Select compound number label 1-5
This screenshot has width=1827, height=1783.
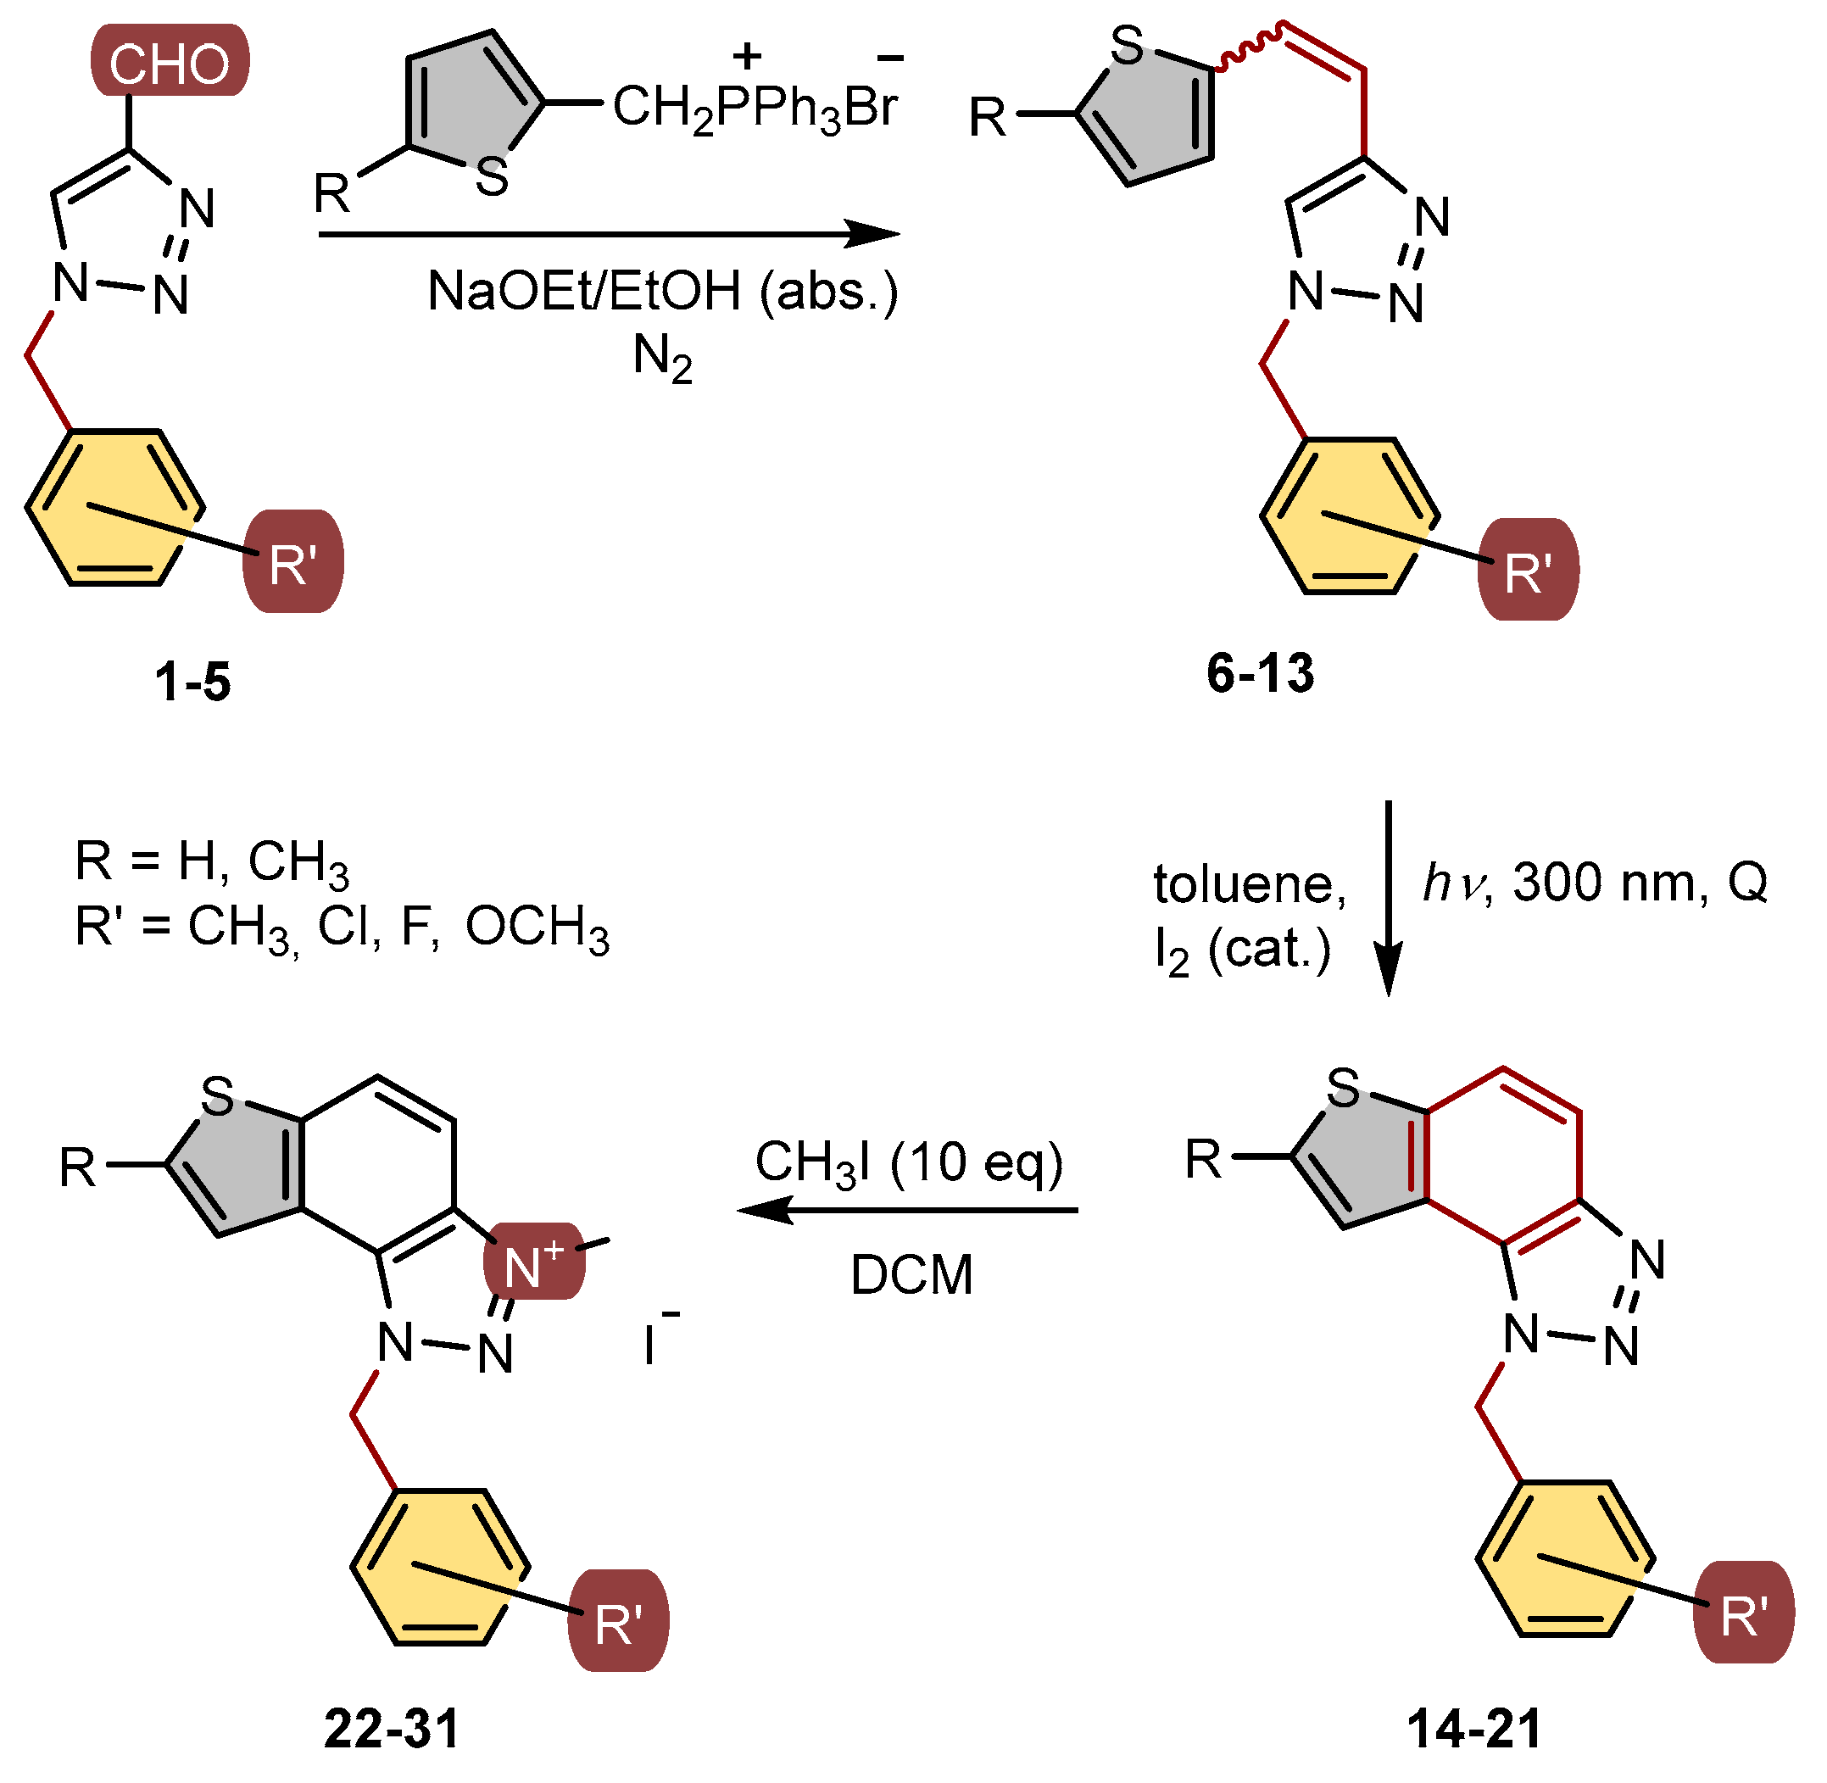(x=193, y=681)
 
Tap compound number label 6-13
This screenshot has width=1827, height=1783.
(x=1260, y=673)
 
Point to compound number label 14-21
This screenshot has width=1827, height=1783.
(x=1474, y=1729)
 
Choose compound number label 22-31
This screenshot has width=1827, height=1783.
(x=392, y=1729)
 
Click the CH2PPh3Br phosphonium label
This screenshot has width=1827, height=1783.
(x=755, y=107)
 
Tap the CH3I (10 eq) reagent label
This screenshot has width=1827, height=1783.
(x=908, y=1162)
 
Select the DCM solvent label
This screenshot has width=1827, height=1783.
(x=911, y=1275)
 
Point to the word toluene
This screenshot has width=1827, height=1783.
(x=1249, y=884)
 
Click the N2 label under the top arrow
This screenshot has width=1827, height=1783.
(x=662, y=359)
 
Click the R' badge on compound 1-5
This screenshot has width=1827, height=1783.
(x=293, y=563)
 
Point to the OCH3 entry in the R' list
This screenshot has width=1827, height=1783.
(x=537, y=928)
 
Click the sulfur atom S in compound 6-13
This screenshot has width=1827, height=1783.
(x=1127, y=46)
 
